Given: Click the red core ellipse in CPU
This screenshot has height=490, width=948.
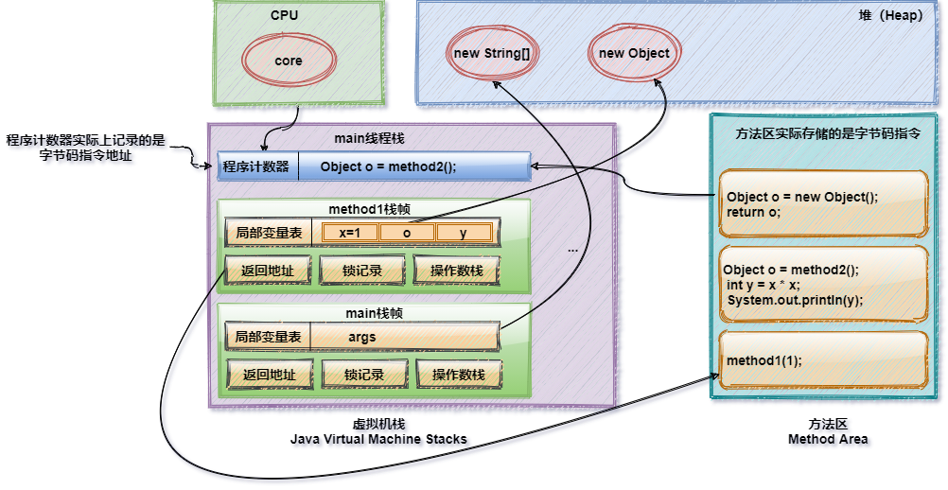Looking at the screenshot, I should [289, 61].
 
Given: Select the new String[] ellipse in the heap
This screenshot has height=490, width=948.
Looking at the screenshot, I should [491, 54].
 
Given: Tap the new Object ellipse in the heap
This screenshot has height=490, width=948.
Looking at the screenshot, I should [634, 54].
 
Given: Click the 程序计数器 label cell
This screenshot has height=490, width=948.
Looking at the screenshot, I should [256, 167].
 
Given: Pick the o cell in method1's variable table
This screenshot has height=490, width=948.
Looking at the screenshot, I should [407, 233].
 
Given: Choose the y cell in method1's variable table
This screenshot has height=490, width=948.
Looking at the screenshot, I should [464, 233].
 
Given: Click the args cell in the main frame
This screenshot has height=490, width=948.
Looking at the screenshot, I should [361, 337].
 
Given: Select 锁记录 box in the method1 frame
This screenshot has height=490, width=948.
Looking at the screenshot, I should [363, 271].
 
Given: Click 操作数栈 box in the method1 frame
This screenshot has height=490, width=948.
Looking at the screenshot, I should [457, 271].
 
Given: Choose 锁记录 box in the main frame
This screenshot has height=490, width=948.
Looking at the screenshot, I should [363, 375].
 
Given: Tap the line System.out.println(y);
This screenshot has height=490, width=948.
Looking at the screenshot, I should [796, 300].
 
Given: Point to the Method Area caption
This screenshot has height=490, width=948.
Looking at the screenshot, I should [830, 440].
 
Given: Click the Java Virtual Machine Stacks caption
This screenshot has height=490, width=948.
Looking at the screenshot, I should [380, 441].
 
